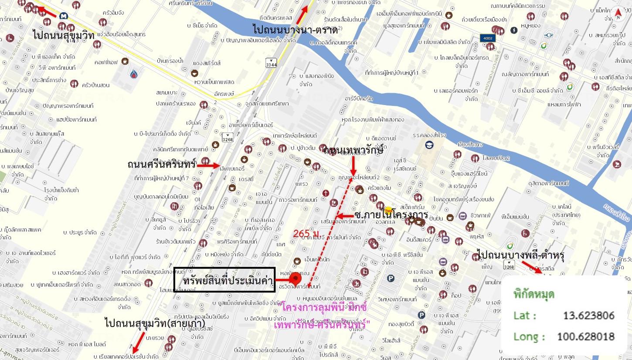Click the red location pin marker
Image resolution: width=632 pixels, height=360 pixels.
[296, 278]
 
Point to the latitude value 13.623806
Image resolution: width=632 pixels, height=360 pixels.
[588, 315]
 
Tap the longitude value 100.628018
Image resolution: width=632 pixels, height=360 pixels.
[585, 336]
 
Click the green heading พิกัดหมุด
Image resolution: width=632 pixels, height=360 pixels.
[534, 295]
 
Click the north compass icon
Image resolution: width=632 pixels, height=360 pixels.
[618, 13]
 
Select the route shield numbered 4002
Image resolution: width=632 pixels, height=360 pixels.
[487, 38]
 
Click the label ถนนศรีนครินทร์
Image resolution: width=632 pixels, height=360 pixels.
[162, 165]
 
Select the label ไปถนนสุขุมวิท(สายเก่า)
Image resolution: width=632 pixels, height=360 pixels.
[145, 323]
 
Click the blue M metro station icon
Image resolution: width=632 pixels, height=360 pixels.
[64, 16]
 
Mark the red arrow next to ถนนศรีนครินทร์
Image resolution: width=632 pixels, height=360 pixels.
[210, 166]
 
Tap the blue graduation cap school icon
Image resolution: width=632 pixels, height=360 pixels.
[430, 145]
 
